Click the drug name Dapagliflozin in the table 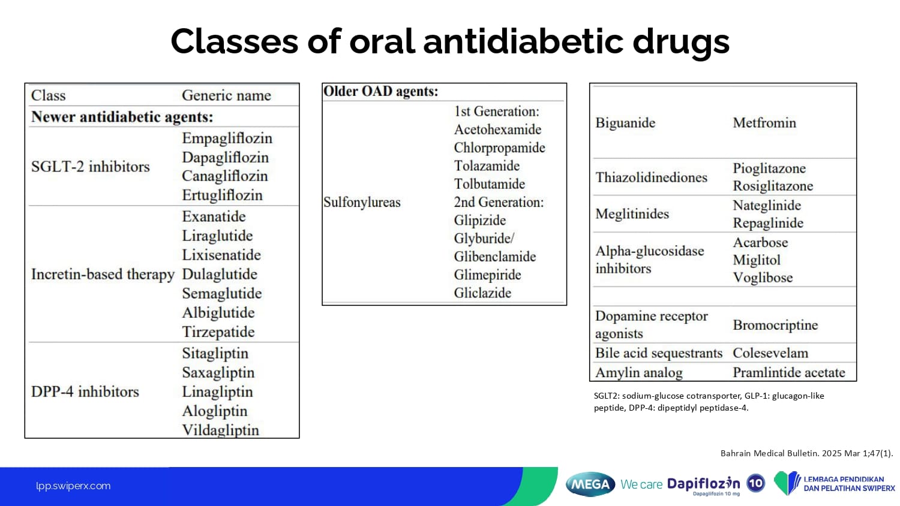click(x=225, y=158)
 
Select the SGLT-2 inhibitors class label click(x=91, y=167)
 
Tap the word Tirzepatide click(x=218, y=332)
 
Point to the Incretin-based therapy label click(x=103, y=275)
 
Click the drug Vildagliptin click(x=221, y=430)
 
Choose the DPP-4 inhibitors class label click(x=85, y=391)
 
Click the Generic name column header click(x=227, y=95)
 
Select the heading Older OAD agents click(x=380, y=91)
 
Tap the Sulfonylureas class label click(x=362, y=202)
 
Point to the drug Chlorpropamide click(x=499, y=148)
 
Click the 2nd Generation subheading click(x=499, y=202)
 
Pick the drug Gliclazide click(x=482, y=293)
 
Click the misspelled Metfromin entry click(x=764, y=123)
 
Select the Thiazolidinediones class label click(x=651, y=177)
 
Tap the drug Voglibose click(x=763, y=278)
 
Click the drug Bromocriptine click(x=775, y=325)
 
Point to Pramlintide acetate click(x=789, y=373)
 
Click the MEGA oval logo click(x=590, y=484)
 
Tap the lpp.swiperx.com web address click(x=73, y=486)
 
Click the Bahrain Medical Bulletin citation click(x=807, y=453)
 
